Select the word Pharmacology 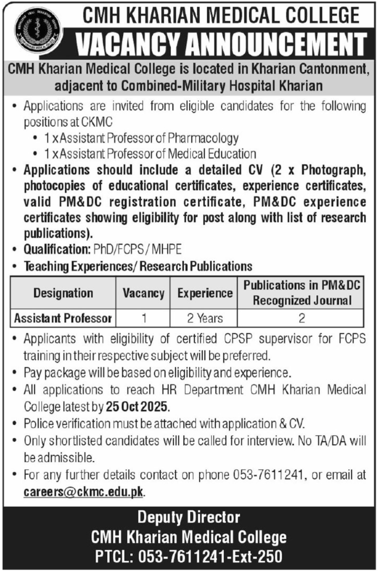click(x=203, y=138)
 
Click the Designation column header click(x=63, y=293)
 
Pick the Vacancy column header click(x=143, y=293)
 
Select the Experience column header click(x=205, y=293)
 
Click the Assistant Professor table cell click(x=63, y=318)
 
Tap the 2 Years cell click(x=205, y=318)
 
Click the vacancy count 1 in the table click(x=144, y=318)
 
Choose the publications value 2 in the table click(x=301, y=318)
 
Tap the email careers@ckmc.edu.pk click(x=84, y=492)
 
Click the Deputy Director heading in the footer click(x=189, y=517)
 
